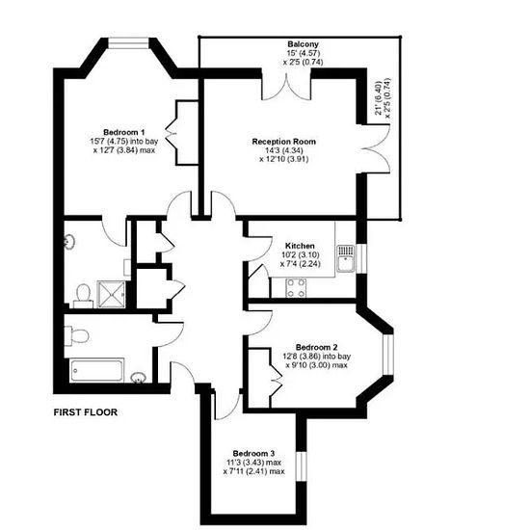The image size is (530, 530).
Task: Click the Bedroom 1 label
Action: click(x=124, y=132)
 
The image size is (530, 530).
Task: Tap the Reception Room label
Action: click(x=284, y=142)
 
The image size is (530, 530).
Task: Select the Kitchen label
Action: click(x=300, y=246)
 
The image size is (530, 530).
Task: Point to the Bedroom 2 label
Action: click(x=316, y=347)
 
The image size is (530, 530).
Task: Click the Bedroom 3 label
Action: click(x=253, y=453)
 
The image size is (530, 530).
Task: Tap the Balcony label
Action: click(x=303, y=44)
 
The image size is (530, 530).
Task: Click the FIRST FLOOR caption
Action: click(x=86, y=412)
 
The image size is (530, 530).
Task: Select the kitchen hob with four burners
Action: click(x=296, y=288)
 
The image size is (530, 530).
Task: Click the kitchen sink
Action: click(x=345, y=258)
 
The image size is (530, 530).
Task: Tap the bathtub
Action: click(x=96, y=371)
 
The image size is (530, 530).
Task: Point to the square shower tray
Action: click(x=111, y=294)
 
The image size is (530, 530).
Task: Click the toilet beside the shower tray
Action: click(x=83, y=296)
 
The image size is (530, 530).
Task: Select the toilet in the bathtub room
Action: click(x=77, y=335)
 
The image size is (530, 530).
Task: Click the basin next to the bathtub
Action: click(x=139, y=378)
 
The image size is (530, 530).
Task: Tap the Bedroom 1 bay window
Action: click(x=128, y=43)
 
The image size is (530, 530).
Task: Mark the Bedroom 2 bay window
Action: click(x=388, y=355)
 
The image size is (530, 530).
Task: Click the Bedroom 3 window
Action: click(x=301, y=466)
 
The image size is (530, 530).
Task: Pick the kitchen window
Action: click(x=361, y=258)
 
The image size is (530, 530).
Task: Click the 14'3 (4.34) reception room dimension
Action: click(x=284, y=150)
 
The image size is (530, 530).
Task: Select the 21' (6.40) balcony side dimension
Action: click(x=379, y=97)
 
